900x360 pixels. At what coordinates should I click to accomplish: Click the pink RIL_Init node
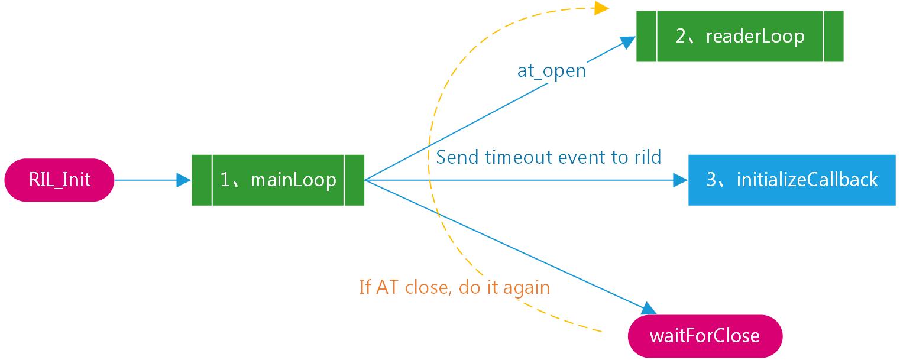click(59, 180)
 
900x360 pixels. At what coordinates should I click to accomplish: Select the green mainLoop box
click(278, 180)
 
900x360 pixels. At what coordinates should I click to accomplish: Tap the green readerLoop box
click(740, 36)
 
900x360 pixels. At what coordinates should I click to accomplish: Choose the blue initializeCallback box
click(792, 180)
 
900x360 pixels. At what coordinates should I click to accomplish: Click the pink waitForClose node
click(704, 336)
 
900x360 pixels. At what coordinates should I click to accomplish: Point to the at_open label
click(552, 71)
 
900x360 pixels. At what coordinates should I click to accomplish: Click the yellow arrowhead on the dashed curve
click(601, 8)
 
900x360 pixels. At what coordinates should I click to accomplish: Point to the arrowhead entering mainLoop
click(184, 180)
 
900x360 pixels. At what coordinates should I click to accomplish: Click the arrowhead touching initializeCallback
click(681, 180)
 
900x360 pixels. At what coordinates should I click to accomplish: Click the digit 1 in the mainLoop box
click(225, 180)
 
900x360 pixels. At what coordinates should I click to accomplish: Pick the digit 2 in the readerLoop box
click(681, 36)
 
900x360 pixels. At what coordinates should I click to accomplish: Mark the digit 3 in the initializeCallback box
click(712, 180)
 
